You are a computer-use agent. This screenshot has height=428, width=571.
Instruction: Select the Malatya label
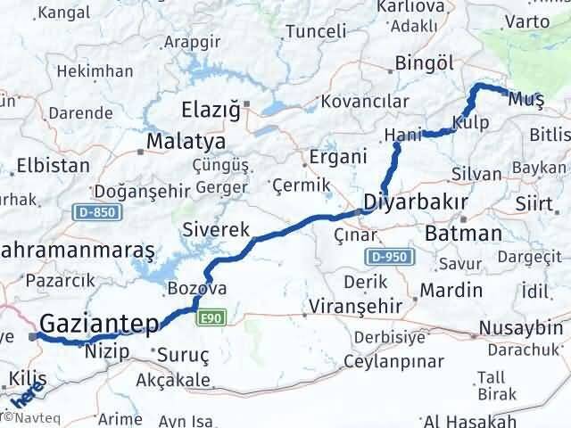pyautogui.click(x=186, y=142)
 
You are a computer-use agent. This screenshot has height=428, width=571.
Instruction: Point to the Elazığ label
pyautogui.click(x=211, y=111)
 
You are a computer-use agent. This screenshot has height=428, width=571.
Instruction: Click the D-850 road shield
pyautogui.click(x=88, y=212)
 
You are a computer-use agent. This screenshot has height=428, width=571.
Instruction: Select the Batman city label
pyautogui.click(x=464, y=234)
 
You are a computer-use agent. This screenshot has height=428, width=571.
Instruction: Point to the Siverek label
pyautogui.click(x=216, y=229)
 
